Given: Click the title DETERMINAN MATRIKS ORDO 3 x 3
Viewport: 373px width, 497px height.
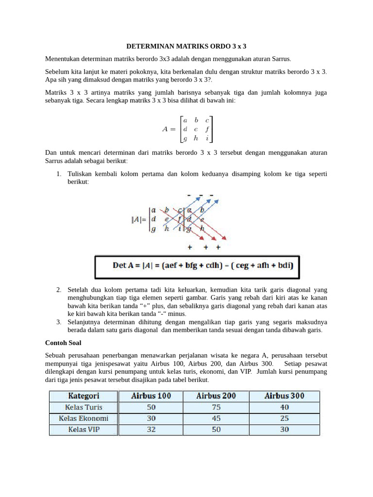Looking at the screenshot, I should click(186, 47).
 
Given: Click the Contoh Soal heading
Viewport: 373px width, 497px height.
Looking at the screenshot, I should click(63, 343).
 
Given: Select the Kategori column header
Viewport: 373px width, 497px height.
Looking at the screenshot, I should click(84, 396).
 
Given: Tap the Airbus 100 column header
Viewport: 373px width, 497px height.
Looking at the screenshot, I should click(151, 396).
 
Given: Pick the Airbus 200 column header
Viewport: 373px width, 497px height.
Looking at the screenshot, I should click(216, 396).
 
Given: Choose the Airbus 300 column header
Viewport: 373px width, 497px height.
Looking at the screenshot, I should click(284, 396).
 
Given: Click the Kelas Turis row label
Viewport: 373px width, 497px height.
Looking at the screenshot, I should click(84, 407).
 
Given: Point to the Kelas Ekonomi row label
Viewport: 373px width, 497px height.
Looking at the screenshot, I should click(84, 418).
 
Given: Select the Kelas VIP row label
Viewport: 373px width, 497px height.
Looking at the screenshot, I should click(84, 430).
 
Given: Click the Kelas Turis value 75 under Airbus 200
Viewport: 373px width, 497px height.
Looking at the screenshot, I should click(216, 407).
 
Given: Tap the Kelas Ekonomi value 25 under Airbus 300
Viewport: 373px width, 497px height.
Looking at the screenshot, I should click(284, 418).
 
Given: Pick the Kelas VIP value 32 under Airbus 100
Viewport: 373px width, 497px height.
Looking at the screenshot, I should click(151, 430).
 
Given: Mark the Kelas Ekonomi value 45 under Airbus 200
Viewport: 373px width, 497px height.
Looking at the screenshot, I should click(216, 418).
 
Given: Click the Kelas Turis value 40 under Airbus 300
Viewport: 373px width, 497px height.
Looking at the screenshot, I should click(284, 407).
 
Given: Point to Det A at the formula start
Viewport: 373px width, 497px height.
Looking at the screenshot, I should click(122, 265).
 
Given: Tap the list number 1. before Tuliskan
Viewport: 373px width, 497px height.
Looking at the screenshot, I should click(58, 174).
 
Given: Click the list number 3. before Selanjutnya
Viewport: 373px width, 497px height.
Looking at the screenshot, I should click(58, 322).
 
